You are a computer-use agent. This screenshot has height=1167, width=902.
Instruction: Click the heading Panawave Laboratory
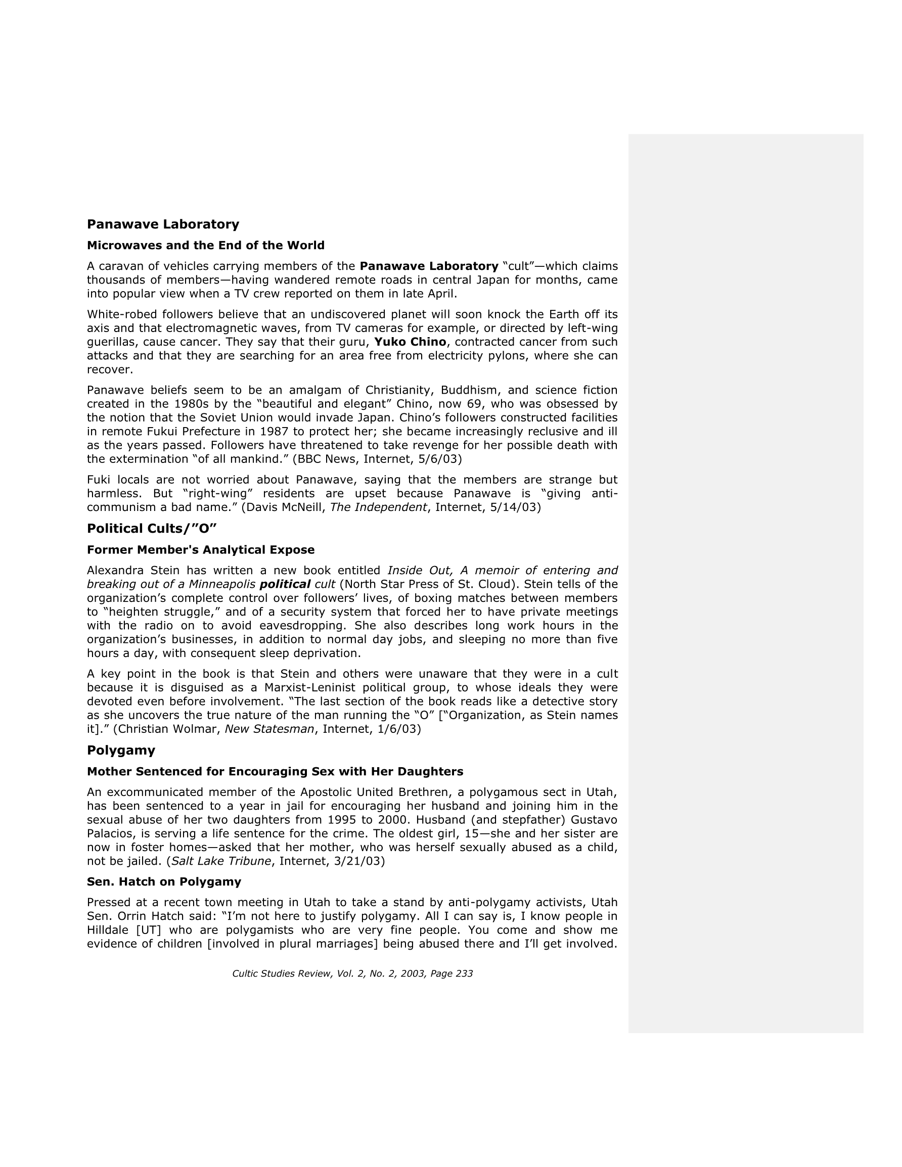[163, 224]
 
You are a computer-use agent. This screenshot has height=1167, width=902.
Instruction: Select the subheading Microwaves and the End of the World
[205, 245]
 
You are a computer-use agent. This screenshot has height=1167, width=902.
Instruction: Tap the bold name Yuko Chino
[410, 342]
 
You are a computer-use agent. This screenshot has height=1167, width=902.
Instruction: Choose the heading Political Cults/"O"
[152, 529]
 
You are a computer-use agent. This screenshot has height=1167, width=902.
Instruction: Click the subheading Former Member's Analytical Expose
[201, 550]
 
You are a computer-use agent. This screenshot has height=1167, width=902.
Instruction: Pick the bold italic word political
[285, 584]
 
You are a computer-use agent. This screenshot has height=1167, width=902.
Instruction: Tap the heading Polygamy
[121, 750]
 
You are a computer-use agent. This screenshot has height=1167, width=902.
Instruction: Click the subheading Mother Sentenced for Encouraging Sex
[275, 772]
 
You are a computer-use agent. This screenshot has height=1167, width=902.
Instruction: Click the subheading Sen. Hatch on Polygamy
[164, 881]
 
